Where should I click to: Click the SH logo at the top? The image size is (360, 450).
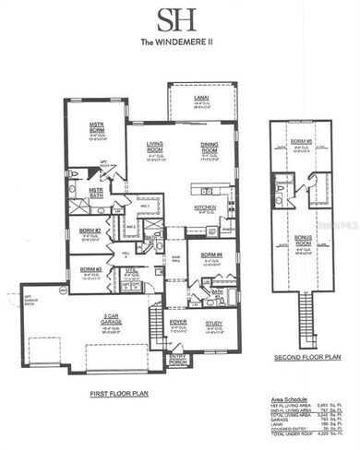180,18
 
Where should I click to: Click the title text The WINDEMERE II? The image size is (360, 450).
180,40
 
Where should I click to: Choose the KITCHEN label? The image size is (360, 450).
204,207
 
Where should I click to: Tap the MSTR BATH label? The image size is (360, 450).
96,191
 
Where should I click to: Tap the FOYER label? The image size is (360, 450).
178,323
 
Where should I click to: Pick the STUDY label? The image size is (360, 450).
213,323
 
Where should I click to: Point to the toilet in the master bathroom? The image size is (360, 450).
75,173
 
